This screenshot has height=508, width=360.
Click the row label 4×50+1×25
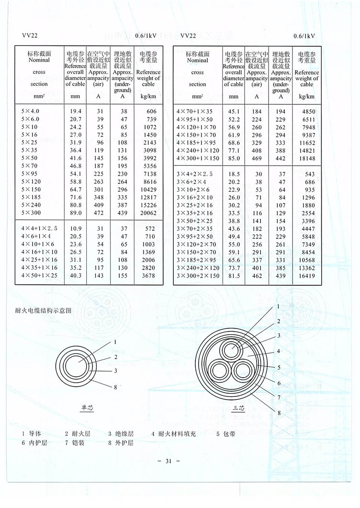[39, 275]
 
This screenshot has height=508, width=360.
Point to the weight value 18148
[304, 158]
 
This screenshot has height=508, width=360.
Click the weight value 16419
[304, 276]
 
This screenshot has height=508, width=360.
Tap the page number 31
[168, 461]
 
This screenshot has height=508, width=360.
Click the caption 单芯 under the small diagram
[87, 408]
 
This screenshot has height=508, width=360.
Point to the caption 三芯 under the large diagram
[238, 408]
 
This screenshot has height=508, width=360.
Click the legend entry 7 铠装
[75, 443]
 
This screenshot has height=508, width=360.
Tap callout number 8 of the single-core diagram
[115, 387]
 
